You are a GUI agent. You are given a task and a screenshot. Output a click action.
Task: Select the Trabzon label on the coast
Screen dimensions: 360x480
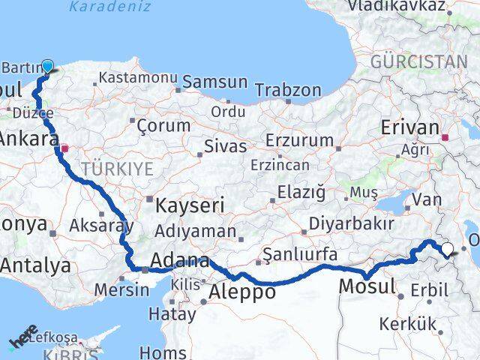(x=288, y=90)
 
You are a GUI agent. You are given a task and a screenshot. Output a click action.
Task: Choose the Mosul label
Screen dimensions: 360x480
(x=367, y=286)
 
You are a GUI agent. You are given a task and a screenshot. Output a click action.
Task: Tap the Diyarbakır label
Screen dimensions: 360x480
(x=352, y=223)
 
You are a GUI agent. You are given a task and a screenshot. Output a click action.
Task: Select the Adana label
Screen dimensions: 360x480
(x=179, y=262)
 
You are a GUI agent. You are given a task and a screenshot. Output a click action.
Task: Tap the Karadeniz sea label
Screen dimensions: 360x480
(x=109, y=7)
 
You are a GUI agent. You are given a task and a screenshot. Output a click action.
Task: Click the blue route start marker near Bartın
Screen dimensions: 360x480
(x=47, y=66)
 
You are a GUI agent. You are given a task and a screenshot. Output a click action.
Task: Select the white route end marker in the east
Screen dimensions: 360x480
(x=448, y=250)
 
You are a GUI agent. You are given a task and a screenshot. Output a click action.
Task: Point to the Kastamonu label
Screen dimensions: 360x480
(x=138, y=77)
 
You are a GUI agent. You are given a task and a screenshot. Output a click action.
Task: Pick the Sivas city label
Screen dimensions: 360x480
(x=227, y=146)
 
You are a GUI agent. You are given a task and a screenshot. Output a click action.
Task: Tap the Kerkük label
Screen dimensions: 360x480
(x=407, y=324)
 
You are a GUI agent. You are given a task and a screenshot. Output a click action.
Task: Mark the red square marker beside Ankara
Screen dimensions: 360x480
(x=65, y=148)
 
